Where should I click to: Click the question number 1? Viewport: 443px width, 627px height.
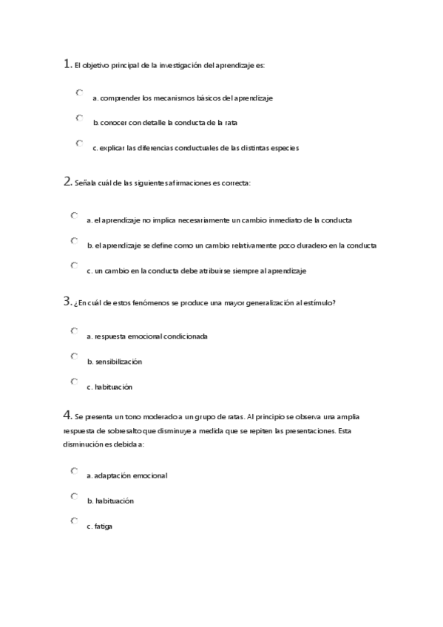(x=67, y=64)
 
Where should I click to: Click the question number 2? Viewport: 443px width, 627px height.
(x=67, y=182)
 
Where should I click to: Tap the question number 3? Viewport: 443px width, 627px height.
(x=67, y=301)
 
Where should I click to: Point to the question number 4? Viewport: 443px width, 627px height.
(x=67, y=415)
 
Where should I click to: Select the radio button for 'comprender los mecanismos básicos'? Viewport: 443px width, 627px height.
(x=79, y=93)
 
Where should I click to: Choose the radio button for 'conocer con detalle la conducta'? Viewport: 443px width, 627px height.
(x=79, y=118)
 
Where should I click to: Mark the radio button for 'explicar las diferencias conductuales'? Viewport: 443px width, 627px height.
(x=79, y=143)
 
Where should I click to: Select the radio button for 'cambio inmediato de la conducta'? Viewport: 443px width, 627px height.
(x=75, y=216)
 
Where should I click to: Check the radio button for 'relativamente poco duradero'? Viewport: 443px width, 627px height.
(x=75, y=240)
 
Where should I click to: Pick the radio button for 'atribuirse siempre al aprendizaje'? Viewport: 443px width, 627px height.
(x=75, y=265)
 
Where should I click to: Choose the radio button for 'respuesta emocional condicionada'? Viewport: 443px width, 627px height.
(x=75, y=331)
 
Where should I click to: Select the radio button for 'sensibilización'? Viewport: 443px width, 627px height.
(x=75, y=356)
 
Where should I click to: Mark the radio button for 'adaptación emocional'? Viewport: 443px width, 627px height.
(x=75, y=470)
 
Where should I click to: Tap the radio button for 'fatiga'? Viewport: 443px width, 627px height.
(x=75, y=521)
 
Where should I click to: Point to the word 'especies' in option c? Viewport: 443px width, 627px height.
(x=284, y=148)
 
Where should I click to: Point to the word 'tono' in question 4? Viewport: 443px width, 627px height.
(x=131, y=417)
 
